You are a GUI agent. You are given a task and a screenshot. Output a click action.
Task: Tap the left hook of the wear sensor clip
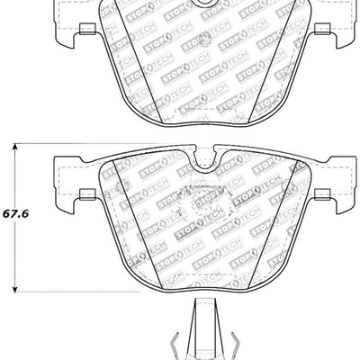173,345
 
